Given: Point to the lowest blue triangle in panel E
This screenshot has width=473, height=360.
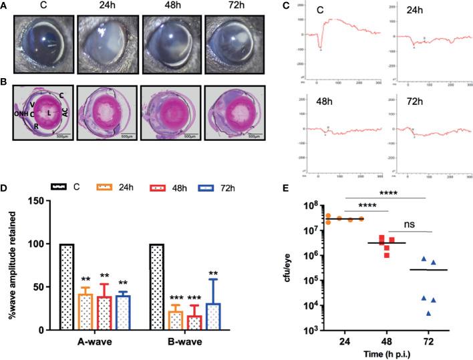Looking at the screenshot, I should click(x=410, y=312).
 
